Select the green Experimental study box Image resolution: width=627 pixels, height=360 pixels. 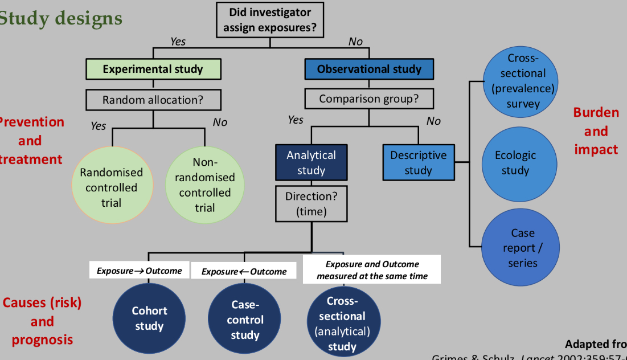(x=153, y=69)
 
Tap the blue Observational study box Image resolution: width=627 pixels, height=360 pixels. (x=369, y=69)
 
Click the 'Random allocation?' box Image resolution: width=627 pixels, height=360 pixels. (x=153, y=100)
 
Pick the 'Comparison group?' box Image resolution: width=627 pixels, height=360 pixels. (x=368, y=99)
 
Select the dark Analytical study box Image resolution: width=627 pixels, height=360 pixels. (x=311, y=162)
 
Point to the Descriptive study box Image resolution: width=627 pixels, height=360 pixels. (x=418, y=162)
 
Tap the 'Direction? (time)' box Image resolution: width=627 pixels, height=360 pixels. (x=311, y=203)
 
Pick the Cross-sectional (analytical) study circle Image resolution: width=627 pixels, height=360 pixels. (x=342, y=322)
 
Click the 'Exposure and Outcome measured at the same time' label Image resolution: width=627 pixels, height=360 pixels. (x=372, y=270)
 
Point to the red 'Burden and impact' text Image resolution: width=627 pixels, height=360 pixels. (x=596, y=131)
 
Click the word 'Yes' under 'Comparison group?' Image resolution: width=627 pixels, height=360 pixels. (x=296, y=120)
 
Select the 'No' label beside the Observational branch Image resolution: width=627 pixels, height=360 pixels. (x=355, y=41)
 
